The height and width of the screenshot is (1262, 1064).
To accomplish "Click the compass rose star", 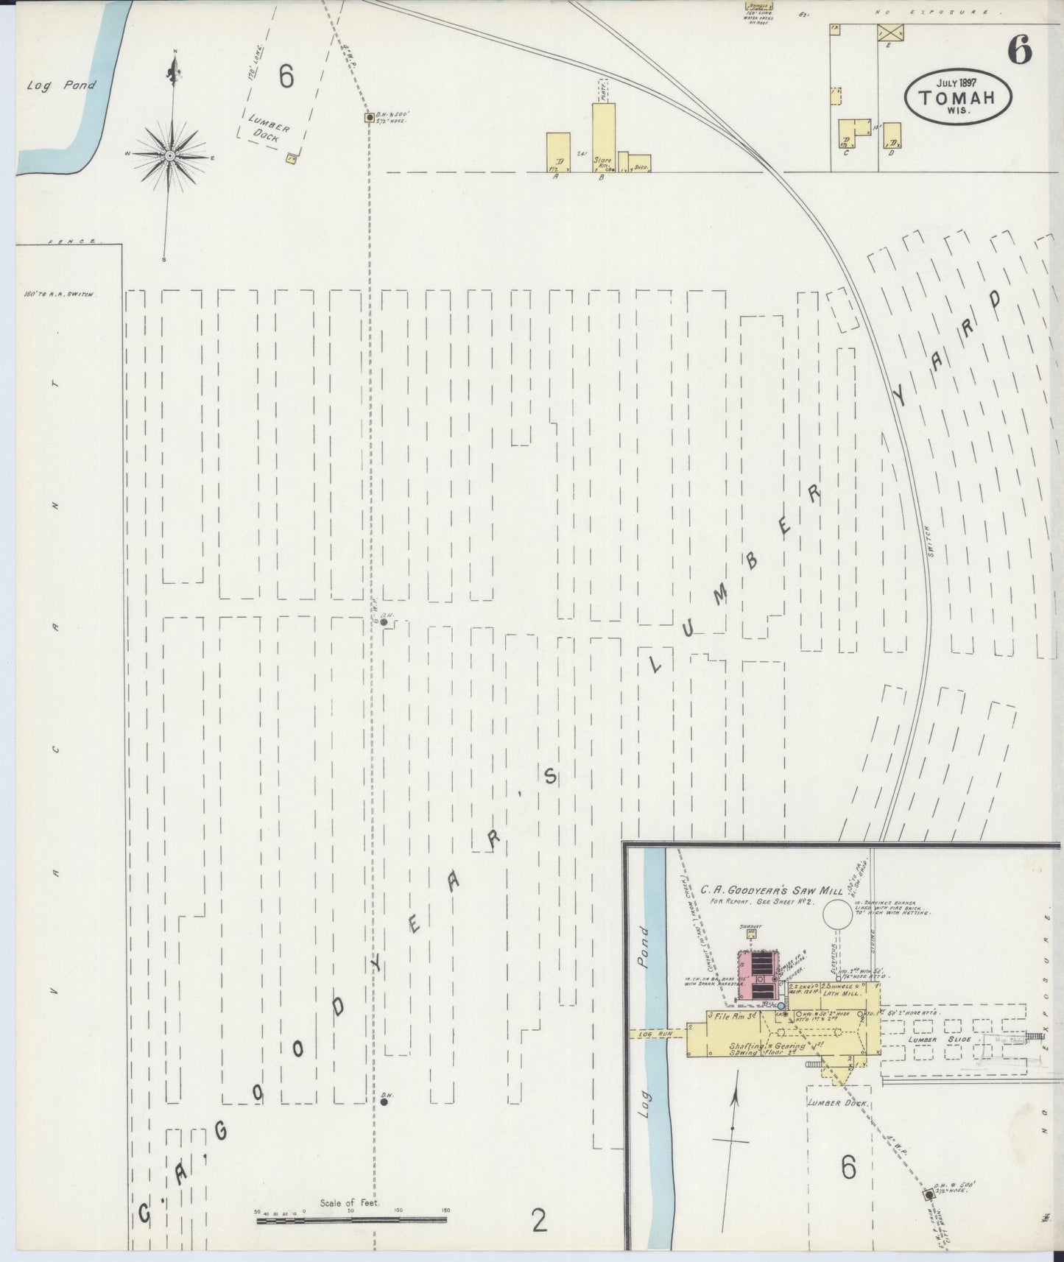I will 170,155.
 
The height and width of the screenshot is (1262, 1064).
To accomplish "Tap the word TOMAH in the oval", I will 957,97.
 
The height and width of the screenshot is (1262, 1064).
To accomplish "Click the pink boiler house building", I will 756,976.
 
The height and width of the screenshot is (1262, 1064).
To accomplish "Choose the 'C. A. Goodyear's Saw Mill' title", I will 771,890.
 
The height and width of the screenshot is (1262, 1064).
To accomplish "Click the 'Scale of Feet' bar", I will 351,1219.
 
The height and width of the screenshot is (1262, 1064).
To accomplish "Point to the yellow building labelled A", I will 557,152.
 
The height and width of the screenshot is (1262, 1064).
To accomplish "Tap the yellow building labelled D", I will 892,138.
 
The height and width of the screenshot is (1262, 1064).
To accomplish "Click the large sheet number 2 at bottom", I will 539,1221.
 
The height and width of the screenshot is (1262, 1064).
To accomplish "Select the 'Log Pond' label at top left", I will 61,85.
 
